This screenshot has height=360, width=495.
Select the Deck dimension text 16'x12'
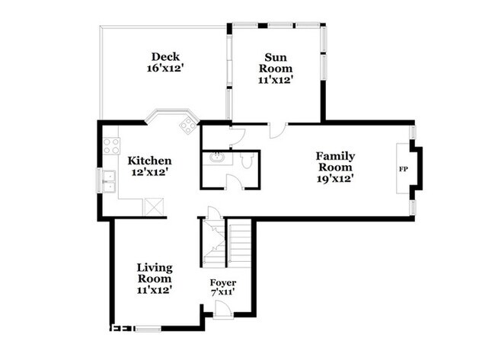(x=165, y=68)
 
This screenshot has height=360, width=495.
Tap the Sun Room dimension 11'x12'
(x=275, y=78)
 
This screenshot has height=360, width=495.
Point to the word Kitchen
(x=149, y=161)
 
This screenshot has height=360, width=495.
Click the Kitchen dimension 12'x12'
(x=149, y=173)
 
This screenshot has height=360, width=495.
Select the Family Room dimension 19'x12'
(x=336, y=179)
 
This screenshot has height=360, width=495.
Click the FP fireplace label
(x=403, y=168)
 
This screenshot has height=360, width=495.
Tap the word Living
(x=155, y=267)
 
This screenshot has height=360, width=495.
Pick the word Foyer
(x=222, y=283)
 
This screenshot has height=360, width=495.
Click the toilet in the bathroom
(x=247, y=161)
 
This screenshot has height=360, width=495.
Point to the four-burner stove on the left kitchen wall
(x=111, y=145)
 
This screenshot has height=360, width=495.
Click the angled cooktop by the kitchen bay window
(x=186, y=124)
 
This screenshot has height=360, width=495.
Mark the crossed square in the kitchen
(x=155, y=206)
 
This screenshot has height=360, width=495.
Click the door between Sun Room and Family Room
(x=277, y=130)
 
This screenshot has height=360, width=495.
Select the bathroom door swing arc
(x=235, y=183)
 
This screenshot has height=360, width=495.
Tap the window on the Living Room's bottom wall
(x=148, y=329)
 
